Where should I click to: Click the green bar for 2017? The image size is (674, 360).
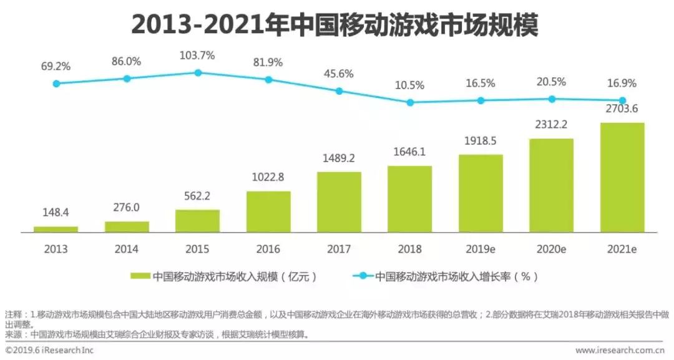[339, 202]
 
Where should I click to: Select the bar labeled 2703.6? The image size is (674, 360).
[622, 177]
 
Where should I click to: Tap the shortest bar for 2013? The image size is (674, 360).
[56, 229]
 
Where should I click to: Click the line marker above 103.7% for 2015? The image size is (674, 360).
[198, 72]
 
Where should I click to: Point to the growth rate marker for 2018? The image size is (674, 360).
[410, 102]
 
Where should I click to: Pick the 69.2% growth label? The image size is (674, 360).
[56, 65]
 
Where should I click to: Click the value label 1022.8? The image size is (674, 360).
[268, 177]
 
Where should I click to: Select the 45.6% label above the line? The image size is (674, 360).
[339, 74]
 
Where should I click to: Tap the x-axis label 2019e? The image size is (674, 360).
[481, 249]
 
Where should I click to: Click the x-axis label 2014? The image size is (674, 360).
[127, 249]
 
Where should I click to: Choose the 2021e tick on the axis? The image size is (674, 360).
[622, 249]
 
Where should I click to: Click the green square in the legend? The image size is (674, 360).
[140, 276]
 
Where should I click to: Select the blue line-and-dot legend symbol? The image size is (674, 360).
[362, 276]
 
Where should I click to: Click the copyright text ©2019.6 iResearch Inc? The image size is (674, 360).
[49, 351]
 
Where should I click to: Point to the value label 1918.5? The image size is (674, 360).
[481, 141]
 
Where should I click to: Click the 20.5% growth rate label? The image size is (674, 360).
[551, 82]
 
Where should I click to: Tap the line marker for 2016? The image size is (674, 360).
[268, 80]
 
